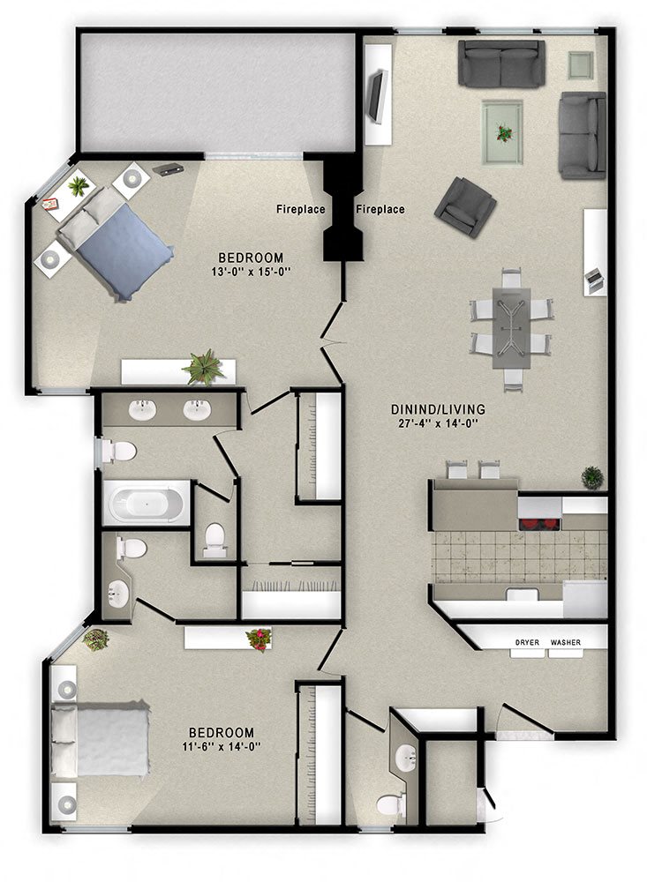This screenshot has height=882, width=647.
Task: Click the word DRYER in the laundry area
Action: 527,642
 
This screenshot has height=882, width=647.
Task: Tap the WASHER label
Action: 566,642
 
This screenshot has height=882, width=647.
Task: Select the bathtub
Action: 147,504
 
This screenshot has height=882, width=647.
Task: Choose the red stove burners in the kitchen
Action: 539,524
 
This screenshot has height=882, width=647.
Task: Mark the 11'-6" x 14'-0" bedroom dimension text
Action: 222,747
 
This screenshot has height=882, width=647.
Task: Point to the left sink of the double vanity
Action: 143,409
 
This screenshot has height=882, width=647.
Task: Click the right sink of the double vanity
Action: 196,409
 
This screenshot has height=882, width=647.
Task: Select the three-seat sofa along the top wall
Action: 500,64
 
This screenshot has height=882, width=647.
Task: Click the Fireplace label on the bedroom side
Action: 301,209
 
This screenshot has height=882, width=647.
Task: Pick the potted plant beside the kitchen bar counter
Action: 592,477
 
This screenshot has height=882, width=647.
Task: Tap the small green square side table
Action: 581,64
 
